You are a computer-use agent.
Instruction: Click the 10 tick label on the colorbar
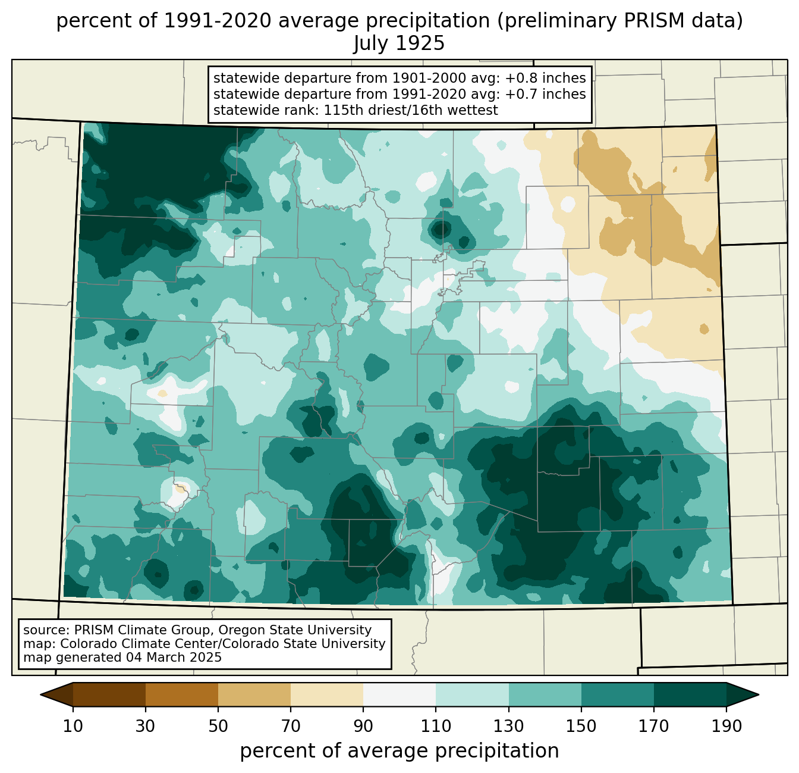tap(73, 727)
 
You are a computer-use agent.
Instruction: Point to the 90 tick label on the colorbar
tap(363, 727)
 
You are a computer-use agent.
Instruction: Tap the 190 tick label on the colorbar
tap(726, 727)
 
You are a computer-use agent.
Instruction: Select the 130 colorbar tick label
tap(509, 727)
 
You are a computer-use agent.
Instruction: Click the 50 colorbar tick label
tap(218, 727)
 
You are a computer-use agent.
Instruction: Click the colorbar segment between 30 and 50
tap(182, 694)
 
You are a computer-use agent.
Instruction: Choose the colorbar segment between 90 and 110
tap(400, 694)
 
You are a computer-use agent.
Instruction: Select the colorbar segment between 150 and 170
tap(618, 694)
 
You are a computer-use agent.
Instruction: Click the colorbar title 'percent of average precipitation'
tap(400, 751)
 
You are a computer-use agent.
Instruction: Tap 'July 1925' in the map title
tap(399, 43)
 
